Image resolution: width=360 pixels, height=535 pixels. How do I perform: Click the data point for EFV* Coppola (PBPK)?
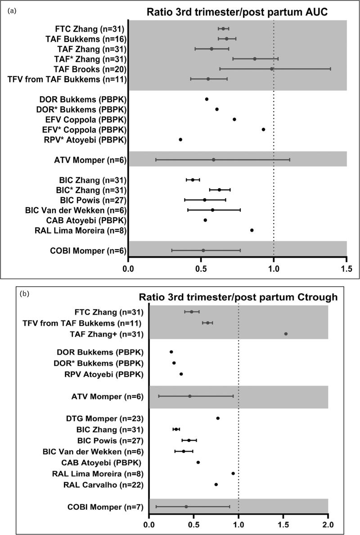(263, 130)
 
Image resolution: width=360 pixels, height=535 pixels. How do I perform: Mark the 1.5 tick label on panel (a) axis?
(346, 272)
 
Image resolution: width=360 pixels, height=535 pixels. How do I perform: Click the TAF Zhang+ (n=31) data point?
(286, 334)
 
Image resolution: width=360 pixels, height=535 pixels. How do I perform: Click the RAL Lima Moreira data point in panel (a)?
(252, 230)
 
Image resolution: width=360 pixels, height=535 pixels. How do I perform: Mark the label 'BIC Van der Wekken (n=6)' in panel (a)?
(76, 210)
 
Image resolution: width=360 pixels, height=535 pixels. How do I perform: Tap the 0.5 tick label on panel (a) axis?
(201, 272)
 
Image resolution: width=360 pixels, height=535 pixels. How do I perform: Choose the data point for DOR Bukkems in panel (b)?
(171, 352)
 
